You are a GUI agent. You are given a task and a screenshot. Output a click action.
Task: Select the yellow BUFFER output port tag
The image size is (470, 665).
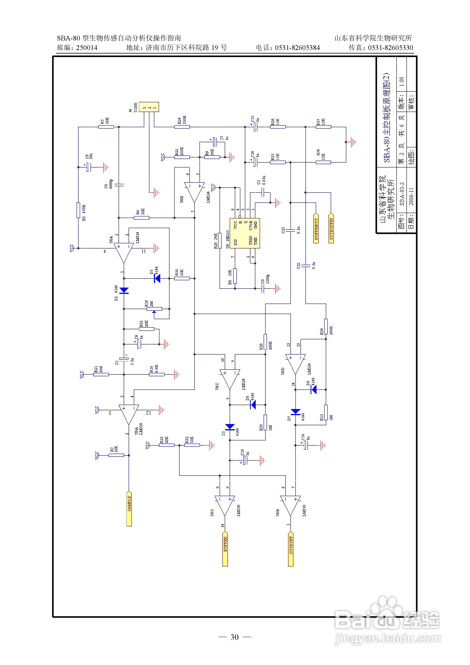click(x=225, y=548)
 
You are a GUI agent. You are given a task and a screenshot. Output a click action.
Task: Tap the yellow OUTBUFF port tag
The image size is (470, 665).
click(x=291, y=548)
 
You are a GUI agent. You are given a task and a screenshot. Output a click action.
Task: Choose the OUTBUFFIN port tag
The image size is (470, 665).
click(x=331, y=228)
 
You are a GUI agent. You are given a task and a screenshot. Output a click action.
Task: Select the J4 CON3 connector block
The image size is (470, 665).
click(x=149, y=107)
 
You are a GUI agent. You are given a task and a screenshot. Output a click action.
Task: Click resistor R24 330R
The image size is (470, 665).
click(x=182, y=127)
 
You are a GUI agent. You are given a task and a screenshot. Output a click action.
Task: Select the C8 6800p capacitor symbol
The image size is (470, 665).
click(x=119, y=184)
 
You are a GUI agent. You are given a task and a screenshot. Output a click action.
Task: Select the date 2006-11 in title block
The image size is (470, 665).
click(x=411, y=197)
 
